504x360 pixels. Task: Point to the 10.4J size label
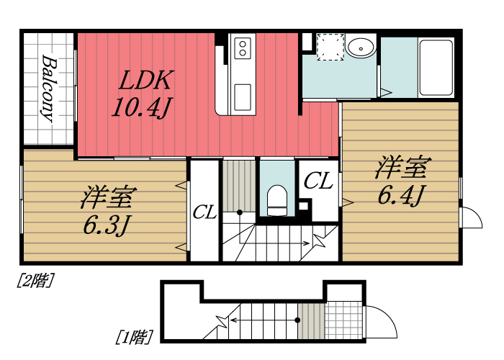(x=141, y=108)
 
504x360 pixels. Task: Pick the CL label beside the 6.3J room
(x=204, y=212)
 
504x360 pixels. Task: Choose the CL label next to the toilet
(x=318, y=181)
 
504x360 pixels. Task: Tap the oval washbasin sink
(x=360, y=48)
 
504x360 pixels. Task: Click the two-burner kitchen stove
(x=243, y=49)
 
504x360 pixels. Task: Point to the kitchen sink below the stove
(x=243, y=94)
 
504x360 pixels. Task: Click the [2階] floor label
(x=35, y=281)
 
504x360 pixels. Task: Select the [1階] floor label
(x=135, y=336)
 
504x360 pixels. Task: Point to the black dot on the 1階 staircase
(x=297, y=320)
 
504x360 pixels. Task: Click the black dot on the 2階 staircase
(x=240, y=212)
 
